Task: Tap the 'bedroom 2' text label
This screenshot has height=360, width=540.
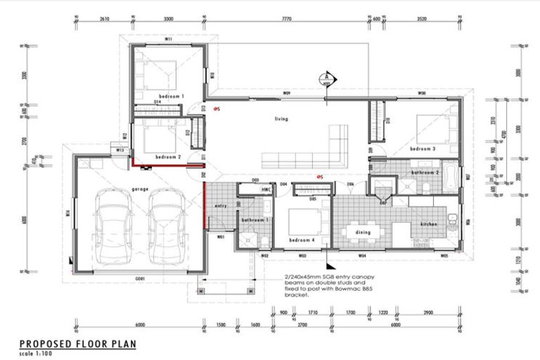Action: click(168, 157)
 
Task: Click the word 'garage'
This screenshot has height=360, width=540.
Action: click(138, 190)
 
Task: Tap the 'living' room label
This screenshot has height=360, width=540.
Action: click(281, 119)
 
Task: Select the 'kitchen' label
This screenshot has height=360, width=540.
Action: click(429, 224)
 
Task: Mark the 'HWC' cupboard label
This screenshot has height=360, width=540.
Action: click(266, 190)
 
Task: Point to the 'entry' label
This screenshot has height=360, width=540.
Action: click(219, 205)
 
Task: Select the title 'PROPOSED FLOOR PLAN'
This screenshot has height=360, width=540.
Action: click(77, 343)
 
